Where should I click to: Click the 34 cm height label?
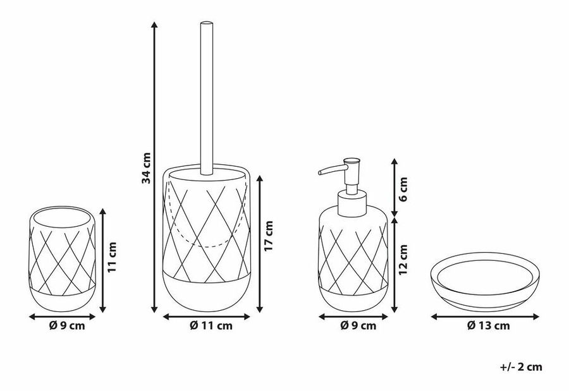pyautogui.click(x=146, y=168)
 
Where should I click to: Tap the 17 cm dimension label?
pyautogui.click(x=268, y=236)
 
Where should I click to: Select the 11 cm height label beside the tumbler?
pyautogui.click(x=112, y=258)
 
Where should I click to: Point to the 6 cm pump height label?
pyautogui.click(x=403, y=189)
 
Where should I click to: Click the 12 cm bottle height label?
pyautogui.click(x=403, y=260)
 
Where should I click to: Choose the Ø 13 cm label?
pyautogui.click(x=488, y=326)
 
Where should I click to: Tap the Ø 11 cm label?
pyautogui.click(x=211, y=326)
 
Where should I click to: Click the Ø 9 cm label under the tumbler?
pyautogui.click(x=67, y=326)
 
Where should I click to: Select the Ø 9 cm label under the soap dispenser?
pyautogui.click(x=358, y=326)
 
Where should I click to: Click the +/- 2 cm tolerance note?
pyautogui.click(x=521, y=367)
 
